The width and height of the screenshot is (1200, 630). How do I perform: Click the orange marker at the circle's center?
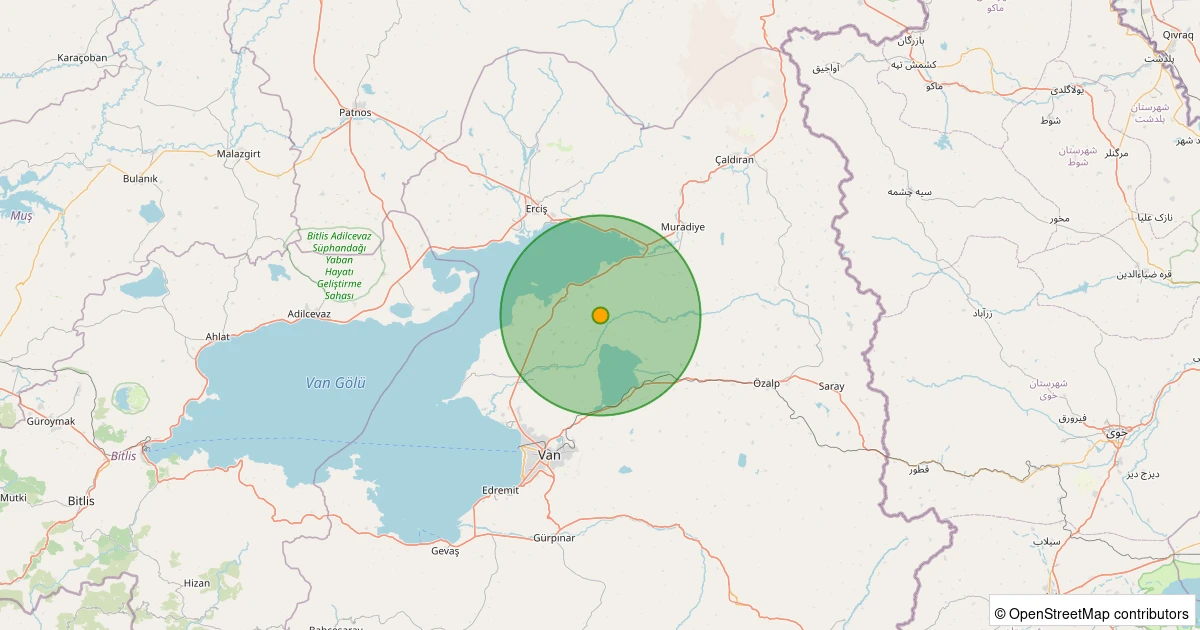[x=600, y=315]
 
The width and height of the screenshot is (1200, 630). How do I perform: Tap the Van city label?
[x=550, y=455]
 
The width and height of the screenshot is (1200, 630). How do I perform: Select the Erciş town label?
[x=537, y=209]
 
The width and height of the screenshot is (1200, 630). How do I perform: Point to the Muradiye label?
[x=683, y=227]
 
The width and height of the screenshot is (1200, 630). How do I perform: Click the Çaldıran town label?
[x=735, y=160]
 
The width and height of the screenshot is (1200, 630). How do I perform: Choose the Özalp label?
[x=766, y=383]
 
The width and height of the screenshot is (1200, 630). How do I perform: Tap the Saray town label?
[x=831, y=386]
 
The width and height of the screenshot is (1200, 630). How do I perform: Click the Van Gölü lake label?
[x=336, y=383]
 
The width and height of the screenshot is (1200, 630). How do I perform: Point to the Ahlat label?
[x=217, y=337]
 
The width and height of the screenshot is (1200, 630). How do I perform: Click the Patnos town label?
[x=355, y=112]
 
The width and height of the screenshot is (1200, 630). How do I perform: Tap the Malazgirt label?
[x=239, y=154]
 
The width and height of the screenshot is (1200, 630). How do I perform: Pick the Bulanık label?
[x=140, y=179]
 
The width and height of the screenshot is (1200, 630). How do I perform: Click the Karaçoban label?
[x=82, y=58]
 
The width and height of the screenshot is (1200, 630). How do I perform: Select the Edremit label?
[x=500, y=490]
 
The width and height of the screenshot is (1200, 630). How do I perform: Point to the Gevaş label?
[x=445, y=551]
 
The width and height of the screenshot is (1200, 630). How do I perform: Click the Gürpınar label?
[x=554, y=538]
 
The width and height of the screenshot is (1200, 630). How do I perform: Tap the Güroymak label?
[x=51, y=421]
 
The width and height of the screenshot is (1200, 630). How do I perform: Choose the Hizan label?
[x=197, y=583]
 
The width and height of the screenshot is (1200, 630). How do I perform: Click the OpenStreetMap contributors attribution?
[x=1092, y=613]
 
